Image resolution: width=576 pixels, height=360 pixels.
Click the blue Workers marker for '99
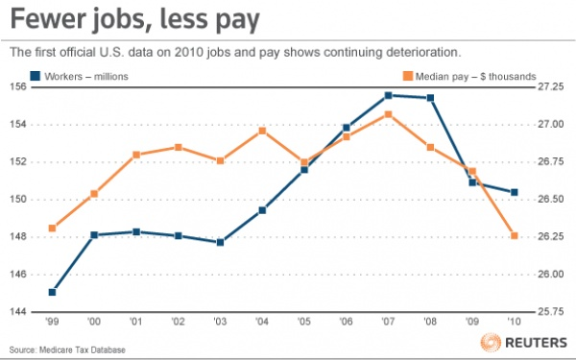click(x=52, y=292)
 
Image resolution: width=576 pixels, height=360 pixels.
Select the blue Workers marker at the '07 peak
click(x=388, y=95)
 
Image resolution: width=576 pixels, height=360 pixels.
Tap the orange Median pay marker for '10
click(x=515, y=236)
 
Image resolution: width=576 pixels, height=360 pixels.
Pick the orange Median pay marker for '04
click(x=262, y=131)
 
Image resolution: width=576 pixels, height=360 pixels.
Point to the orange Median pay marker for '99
click(x=52, y=228)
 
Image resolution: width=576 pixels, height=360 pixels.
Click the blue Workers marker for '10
click(x=515, y=192)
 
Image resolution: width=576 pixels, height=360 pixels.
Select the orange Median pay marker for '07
click(x=388, y=114)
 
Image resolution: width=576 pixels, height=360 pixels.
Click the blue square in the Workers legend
click(x=36, y=75)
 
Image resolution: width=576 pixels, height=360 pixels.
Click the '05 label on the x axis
click(x=304, y=322)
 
